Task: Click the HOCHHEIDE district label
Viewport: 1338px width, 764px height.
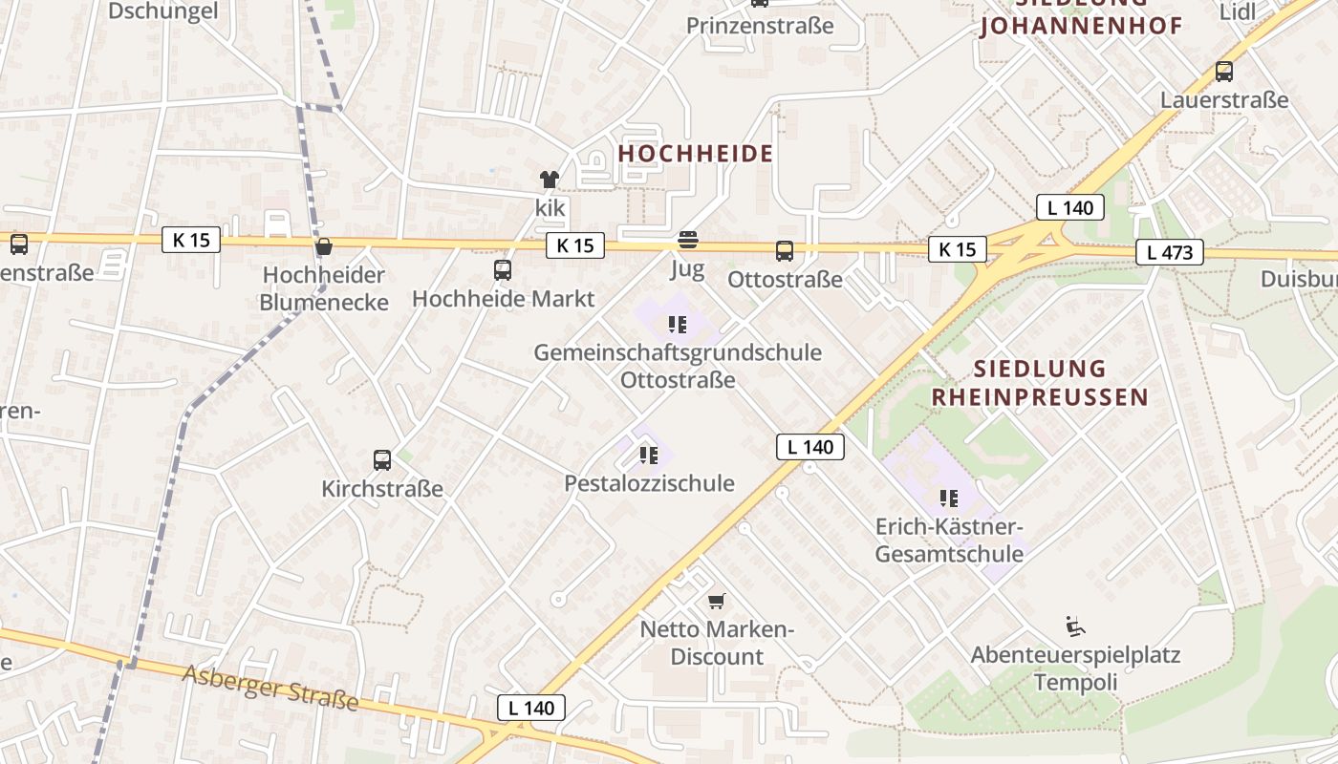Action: tap(695, 153)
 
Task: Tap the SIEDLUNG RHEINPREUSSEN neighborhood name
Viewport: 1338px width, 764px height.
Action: tap(1039, 383)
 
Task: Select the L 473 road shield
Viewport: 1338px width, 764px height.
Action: tap(1169, 253)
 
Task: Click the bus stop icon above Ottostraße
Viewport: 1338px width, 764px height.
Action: tap(784, 251)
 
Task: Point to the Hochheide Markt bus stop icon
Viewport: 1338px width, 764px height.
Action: tap(503, 270)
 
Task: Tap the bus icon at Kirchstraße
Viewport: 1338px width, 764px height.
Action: tap(382, 460)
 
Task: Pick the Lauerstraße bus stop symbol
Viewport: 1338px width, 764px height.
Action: tap(1223, 71)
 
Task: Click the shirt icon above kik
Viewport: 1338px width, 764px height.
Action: tap(550, 179)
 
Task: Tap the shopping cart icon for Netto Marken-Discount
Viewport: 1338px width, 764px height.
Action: tap(717, 601)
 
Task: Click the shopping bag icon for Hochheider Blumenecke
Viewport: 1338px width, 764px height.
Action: tap(324, 246)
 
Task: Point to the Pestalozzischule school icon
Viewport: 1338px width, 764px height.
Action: tap(649, 455)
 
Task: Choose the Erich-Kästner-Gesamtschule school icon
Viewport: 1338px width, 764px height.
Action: tap(948, 498)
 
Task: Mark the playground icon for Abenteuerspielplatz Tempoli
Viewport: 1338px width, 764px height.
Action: tap(1075, 626)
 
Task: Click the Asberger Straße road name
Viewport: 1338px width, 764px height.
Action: tap(270, 688)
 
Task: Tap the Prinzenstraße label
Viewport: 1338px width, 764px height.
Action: tap(760, 26)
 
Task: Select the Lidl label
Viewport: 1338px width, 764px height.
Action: tap(1239, 11)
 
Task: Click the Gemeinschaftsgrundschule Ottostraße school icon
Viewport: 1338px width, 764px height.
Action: tap(678, 324)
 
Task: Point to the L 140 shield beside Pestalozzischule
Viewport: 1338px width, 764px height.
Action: tap(809, 447)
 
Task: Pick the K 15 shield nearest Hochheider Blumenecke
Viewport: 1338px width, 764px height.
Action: tap(191, 240)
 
